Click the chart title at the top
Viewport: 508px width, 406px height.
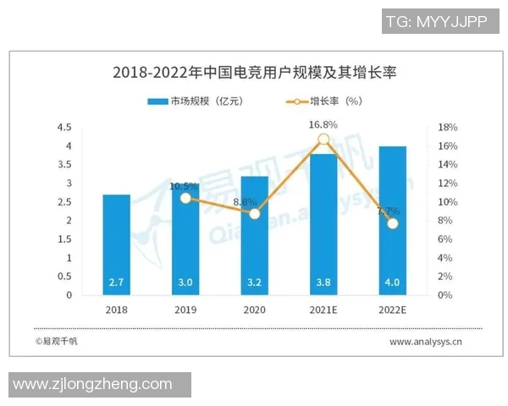tap(254, 73)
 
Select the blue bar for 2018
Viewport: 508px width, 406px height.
tap(117, 245)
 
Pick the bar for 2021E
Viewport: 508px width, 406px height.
tap(323, 228)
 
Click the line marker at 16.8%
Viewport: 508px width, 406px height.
tap(323, 140)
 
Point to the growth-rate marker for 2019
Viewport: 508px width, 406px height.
tap(185, 198)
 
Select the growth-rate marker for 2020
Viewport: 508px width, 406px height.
tap(254, 214)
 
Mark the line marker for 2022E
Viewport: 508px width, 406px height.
tap(392, 223)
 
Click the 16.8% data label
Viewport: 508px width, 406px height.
tap(323, 124)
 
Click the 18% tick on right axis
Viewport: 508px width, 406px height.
tap(448, 128)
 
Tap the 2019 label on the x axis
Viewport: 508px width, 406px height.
tap(185, 310)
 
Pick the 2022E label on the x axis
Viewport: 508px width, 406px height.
tap(392, 310)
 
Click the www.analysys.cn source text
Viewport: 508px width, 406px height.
tap(425, 343)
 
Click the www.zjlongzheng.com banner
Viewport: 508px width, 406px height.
tap(93, 385)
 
